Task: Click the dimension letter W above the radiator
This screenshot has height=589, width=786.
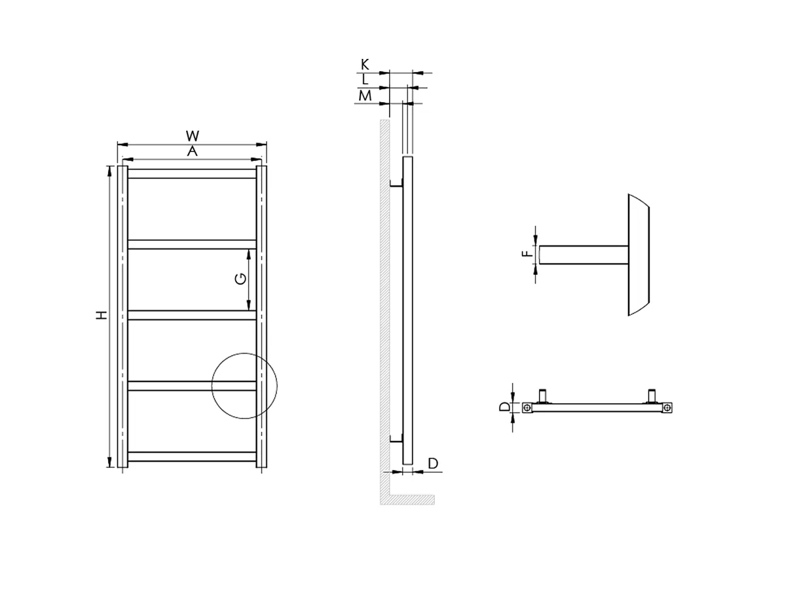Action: click(x=192, y=136)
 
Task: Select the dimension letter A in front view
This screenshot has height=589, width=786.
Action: click(x=192, y=151)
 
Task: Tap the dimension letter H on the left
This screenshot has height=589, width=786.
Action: click(x=101, y=315)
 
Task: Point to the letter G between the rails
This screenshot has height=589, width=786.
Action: click(x=241, y=279)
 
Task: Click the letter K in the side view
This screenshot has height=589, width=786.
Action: click(x=365, y=64)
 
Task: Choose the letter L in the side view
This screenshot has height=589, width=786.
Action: click(x=365, y=80)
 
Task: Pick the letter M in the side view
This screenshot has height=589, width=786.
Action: click(x=365, y=96)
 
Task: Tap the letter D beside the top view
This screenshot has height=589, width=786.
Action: click(x=503, y=407)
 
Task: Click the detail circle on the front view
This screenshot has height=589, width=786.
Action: click(x=245, y=386)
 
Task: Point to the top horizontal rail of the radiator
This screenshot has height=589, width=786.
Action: click(x=192, y=174)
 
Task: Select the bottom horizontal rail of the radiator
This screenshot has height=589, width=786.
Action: click(x=192, y=456)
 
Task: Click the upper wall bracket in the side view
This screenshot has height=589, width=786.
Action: click(x=396, y=185)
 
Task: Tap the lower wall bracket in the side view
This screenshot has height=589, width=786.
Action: click(x=396, y=438)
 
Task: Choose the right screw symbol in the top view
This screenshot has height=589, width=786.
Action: click(x=667, y=408)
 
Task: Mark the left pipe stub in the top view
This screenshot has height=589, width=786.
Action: click(x=542, y=395)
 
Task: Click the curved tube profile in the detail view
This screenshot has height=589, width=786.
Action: click(x=638, y=255)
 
